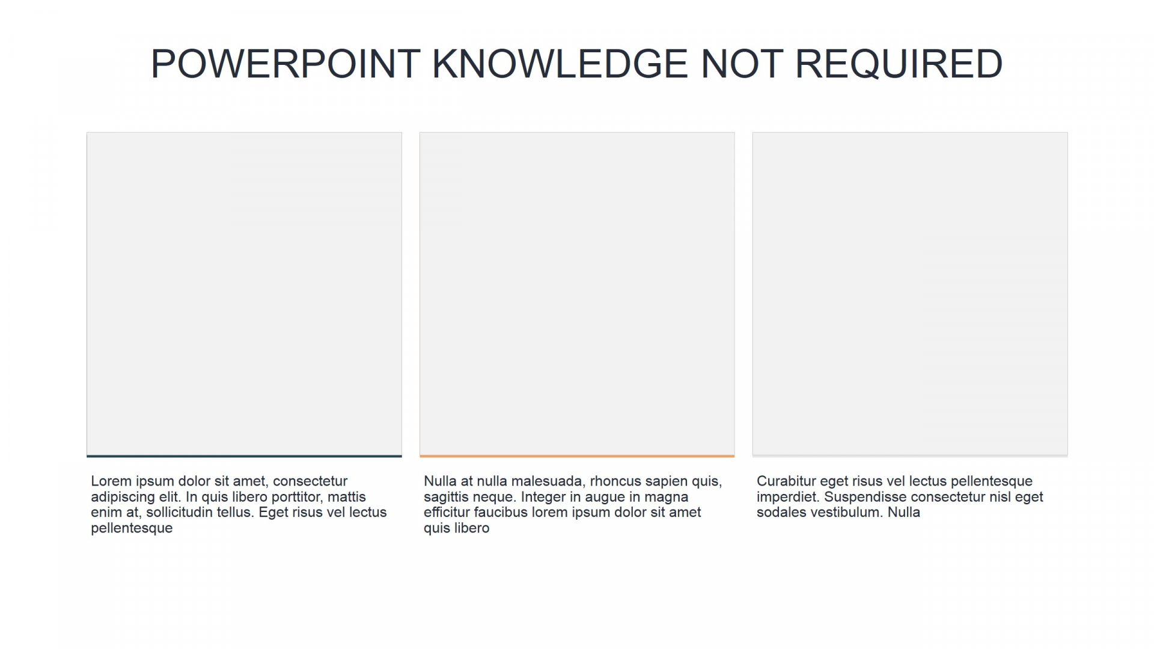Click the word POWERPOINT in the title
pyautogui.click(x=285, y=64)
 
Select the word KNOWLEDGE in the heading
pyautogui.click(x=560, y=64)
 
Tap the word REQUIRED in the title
pyautogui.click(x=899, y=64)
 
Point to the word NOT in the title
pyautogui.click(x=741, y=64)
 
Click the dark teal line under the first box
pyautogui.click(x=244, y=456)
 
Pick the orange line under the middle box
pyautogui.click(x=577, y=456)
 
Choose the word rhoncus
pyautogui.click(x=616, y=481)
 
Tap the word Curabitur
pyautogui.click(x=786, y=481)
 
